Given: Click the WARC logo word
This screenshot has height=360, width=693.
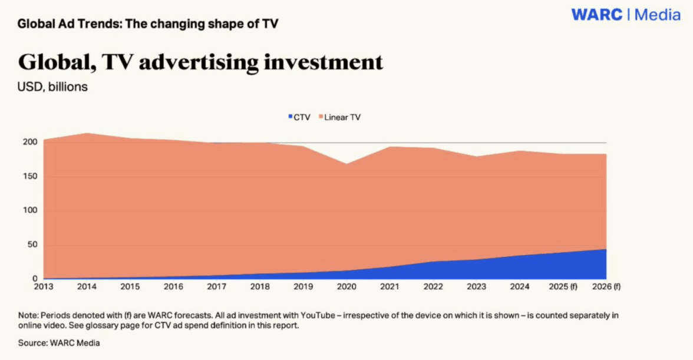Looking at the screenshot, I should click(x=597, y=15).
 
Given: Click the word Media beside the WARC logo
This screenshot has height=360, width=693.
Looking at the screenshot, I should click(x=658, y=15).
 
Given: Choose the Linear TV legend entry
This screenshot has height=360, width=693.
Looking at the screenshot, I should click(x=340, y=117).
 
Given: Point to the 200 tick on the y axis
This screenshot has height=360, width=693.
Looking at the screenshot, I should click(x=31, y=142).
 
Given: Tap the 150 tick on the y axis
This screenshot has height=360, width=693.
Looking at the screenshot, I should click(x=31, y=176).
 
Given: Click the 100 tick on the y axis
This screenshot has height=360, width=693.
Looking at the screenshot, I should click(x=31, y=210).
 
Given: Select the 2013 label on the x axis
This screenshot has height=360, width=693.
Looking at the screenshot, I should click(x=44, y=287).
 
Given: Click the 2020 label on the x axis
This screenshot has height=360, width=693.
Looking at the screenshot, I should click(x=347, y=287).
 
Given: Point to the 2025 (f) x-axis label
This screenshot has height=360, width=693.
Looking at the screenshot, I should click(x=563, y=287).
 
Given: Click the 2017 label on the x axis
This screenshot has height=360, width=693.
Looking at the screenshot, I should click(x=217, y=287).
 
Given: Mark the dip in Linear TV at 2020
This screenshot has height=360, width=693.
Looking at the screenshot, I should click(x=347, y=164).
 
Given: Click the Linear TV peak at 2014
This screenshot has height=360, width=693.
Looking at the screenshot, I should click(x=87, y=134).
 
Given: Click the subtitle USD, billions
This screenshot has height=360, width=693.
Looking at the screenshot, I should click(x=53, y=87).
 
